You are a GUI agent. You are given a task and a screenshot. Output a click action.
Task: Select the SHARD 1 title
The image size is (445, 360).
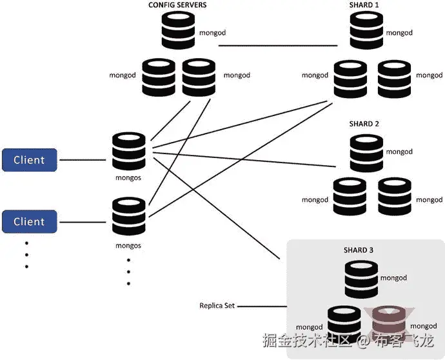tap(364, 5)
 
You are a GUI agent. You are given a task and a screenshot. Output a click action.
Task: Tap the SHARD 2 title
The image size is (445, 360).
tap(364, 123)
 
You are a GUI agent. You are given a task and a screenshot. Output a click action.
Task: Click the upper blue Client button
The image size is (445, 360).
tap(29, 159)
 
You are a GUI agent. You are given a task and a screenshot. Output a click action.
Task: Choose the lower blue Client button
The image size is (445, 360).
tap(29, 221)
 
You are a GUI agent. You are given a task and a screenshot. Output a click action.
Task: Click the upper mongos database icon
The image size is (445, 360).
tap(129, 150)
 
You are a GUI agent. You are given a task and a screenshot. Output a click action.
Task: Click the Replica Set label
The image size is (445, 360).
tap(217, 305)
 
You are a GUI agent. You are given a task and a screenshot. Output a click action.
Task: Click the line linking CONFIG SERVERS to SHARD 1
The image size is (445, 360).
tap(277, 46)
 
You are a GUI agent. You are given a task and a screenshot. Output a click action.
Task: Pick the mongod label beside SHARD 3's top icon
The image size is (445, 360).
tap(393, 278)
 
